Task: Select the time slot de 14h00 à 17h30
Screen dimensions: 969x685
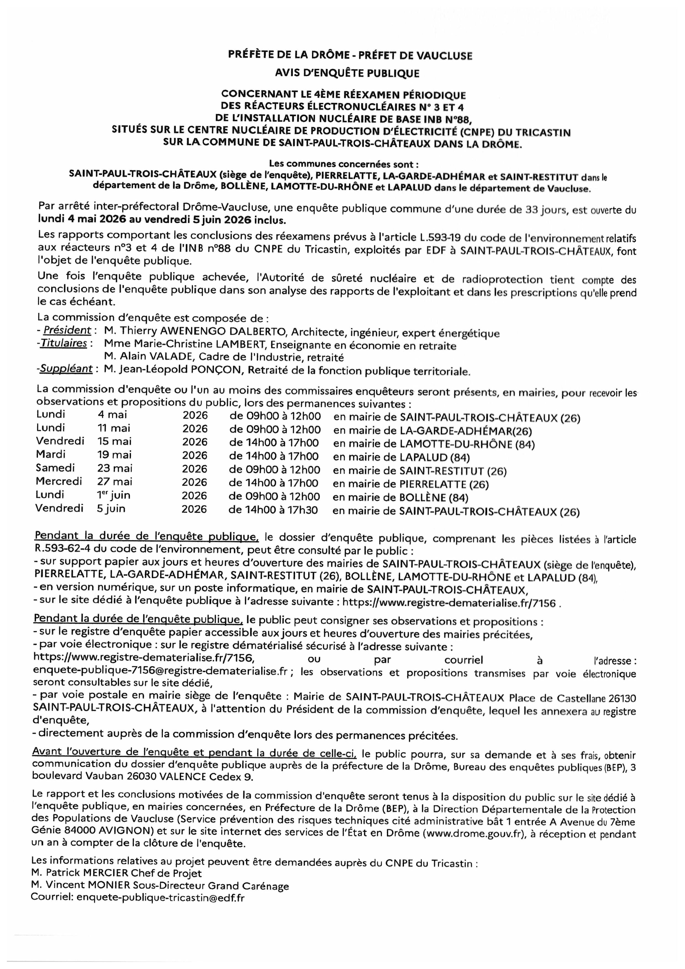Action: pos(273,510)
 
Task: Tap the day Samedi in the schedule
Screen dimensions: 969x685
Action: pos(55,468)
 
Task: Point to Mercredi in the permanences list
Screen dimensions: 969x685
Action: pos(59,481)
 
